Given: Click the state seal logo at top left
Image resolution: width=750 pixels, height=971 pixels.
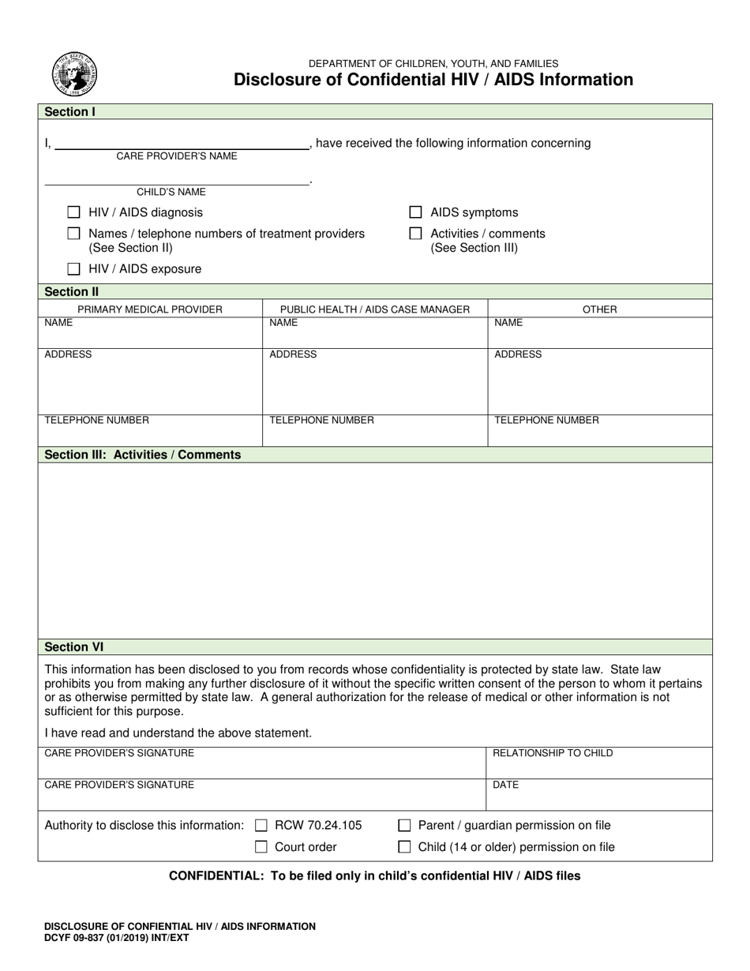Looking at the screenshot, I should coord(75,74).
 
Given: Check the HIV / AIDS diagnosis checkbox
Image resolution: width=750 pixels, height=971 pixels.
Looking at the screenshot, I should coord(74,212).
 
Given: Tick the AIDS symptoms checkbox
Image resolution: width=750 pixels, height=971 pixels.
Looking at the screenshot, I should coord(415,212).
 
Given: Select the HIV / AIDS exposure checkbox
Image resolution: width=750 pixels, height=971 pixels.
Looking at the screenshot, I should coord(74,269).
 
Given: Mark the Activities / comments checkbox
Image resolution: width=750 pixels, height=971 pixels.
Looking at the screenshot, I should coord(415,234).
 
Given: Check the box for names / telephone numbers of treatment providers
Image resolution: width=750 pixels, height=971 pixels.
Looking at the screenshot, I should coord(74,234).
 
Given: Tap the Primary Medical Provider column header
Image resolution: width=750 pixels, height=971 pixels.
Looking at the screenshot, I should coord(150,309).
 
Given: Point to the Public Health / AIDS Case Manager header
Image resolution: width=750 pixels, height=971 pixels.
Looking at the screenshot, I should coord(375,309).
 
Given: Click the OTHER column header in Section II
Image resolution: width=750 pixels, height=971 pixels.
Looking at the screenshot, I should coord(599,309).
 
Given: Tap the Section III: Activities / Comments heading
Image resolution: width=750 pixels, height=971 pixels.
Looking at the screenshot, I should coord(143,455).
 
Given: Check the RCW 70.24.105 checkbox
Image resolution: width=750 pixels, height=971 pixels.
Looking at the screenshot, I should coord(261,826).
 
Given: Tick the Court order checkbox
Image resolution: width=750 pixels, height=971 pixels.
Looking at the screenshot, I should coord(261,847).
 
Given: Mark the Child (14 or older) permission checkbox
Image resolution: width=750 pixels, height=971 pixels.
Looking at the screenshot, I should coord(404,847).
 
